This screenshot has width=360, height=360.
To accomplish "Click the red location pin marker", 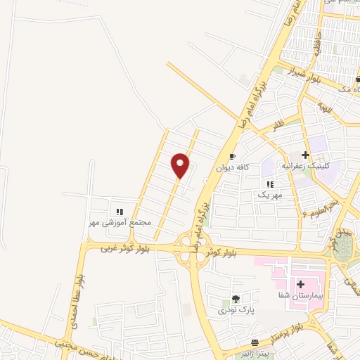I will pyautogui.click(x=181, y=165).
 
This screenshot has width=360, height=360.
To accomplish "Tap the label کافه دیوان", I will pyautogui.click(x=233, y=167).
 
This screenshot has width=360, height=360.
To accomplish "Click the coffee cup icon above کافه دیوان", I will pyautogui.click(x=233, y=157).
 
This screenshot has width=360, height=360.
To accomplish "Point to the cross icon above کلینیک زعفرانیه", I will pyautogui.click(x=304, y=154).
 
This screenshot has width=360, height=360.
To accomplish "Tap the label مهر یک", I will pyautogui.click(x=269, y=195).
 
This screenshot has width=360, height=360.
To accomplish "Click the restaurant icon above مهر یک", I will pyautogui.click(x=270, y=184).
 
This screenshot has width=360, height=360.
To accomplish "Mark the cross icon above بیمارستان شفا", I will pyautogui.click(x=301, y=285).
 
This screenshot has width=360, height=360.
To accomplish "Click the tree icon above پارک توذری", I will pyautogui.click(x=236, y=299).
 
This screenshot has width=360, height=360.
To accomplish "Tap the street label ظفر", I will pyautogui.click(x=279, y=124).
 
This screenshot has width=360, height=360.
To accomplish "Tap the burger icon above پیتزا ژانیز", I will pyautogui.click(x=244, y=342).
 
